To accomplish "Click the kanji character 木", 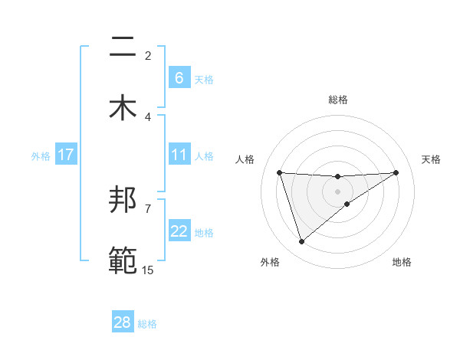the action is [123, 107].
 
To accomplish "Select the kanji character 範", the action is [123, 260].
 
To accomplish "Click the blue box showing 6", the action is [179, 78].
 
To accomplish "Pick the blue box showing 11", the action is [179, 155].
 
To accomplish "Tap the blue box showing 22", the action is [179, 232].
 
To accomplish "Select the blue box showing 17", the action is [66, 155].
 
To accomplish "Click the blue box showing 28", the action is [123, 322].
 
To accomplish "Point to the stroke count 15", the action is [147, 270].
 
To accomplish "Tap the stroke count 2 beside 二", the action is [148, 56].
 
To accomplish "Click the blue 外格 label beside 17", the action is [41, 156].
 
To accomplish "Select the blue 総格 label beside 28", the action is [147, 323].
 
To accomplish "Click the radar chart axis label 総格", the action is [338, 100].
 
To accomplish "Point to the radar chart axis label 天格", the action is [431, 159].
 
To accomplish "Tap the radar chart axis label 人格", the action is [245, 159].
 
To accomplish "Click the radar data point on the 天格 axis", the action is [396, 172].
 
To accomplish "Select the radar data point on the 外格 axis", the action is [301, 242].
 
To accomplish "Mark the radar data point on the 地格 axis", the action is [347, 204].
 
